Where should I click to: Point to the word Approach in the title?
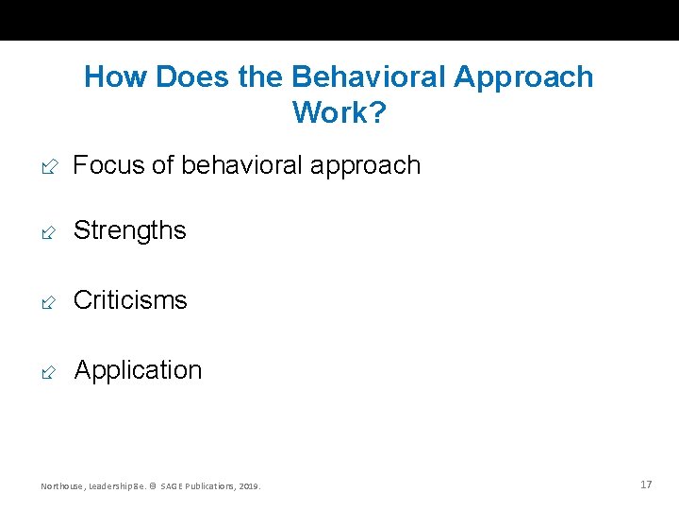[x=523, y=76]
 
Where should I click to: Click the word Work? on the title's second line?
[x=339, y=112]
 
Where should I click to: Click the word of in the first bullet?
[x=162, y=165]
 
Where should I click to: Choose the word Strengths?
[x=130, y=230]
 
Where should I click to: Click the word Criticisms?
[x=130, y=300]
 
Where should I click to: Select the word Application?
[x=138, y=370]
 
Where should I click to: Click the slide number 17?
[x=646, y=484]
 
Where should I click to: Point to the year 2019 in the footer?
[x=250, y=486]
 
